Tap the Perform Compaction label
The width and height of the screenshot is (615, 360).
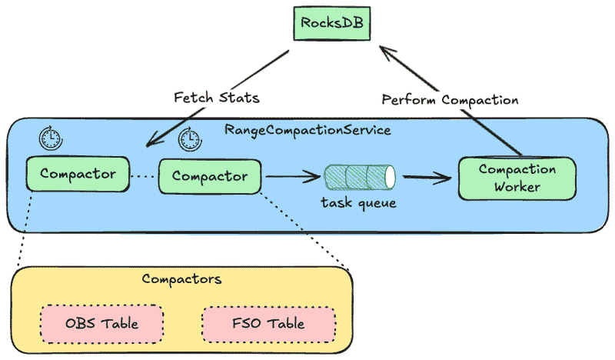click(x=450, y=99)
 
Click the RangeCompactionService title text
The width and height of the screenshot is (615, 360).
click(x=307, y=129)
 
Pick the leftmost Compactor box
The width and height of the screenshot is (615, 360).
click(x=78, y=174)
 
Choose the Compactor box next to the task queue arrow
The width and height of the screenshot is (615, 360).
click(x=210, y=176)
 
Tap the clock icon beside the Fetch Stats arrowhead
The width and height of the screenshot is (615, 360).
click(x=189, y=139)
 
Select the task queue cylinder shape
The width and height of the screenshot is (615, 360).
click(x=359, y=177)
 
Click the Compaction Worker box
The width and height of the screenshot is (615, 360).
click(x=516, y=178)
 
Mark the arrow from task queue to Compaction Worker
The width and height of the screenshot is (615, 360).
click(x=427, y=178)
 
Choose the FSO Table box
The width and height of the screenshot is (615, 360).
click(x=269, y=323)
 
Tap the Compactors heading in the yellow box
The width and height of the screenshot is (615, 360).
click(x=181, y=278)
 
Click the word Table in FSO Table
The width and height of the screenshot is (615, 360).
click(x=286, y=323)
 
